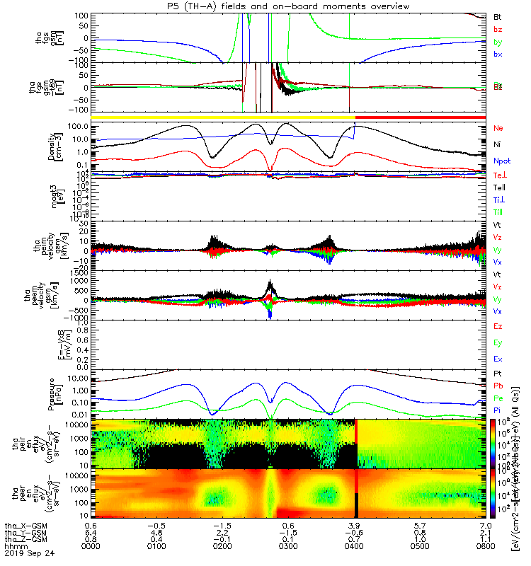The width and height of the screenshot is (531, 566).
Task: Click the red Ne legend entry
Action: pos(498,128)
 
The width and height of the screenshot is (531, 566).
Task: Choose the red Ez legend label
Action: pos(497,326)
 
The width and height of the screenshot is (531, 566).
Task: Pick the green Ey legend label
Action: pos(497,342)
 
